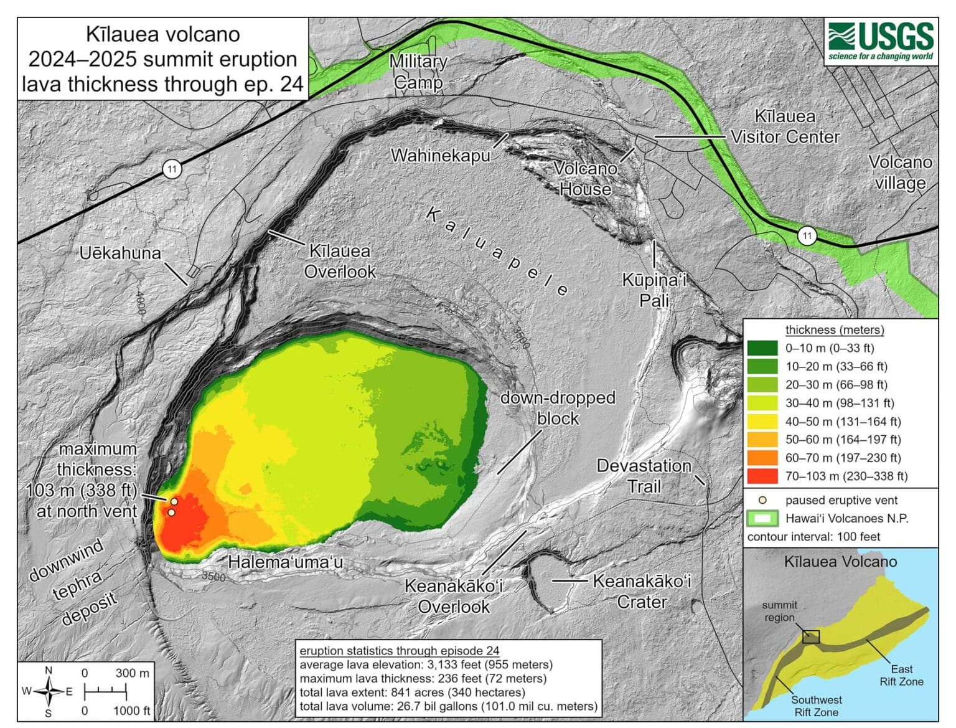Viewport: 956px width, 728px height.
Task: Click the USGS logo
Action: coord(881,42)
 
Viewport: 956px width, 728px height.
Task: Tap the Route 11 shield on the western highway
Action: coord(172,169)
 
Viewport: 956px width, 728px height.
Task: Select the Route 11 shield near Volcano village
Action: coord(807,235)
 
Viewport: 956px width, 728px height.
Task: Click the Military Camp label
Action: coord(418,72)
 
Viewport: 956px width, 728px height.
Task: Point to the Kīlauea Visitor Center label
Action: coord(785,126)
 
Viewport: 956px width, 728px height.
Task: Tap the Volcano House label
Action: coord(585,179)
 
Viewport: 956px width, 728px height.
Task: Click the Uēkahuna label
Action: coord(120,253)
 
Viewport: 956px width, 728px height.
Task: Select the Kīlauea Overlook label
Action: coord(340,261)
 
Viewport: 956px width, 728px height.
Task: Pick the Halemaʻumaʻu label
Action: coord(285,562)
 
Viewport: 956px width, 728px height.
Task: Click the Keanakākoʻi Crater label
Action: coord(642,591)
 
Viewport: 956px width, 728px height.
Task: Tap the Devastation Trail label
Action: coord(644,476)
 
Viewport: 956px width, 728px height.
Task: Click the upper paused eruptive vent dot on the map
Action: coord(174,501)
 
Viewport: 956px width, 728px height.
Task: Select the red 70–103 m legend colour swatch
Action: coord(762,476)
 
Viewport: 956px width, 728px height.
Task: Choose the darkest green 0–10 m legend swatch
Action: coord(762,348)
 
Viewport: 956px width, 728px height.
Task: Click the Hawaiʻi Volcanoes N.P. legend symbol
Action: coord(762,518)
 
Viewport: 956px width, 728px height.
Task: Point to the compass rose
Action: coord(49,691)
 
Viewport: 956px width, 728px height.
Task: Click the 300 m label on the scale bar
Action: coord(132,673)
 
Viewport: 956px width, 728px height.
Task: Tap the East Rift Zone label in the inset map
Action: coord(901,675)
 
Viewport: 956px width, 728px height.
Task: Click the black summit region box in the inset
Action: coord(810,636)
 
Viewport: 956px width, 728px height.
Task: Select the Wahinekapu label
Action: coord(440,155)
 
